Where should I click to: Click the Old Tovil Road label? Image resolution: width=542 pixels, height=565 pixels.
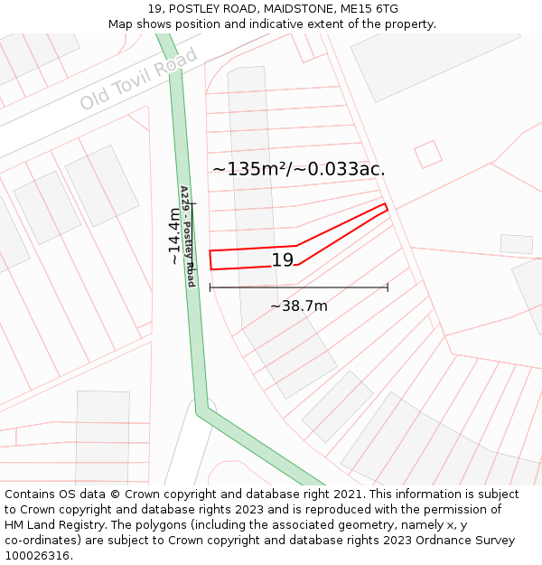click(138, 80)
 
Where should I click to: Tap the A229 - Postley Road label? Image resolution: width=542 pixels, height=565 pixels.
click(187, 236)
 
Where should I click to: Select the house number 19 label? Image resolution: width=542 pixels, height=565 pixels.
click(283, 260)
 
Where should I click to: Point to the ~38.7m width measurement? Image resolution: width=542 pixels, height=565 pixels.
click(299, 306)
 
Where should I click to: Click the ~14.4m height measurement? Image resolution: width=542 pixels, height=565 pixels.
click(173, 236)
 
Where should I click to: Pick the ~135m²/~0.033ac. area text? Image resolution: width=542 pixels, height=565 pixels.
click(299, 169)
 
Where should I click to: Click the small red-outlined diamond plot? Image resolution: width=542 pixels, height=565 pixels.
click(428, 154)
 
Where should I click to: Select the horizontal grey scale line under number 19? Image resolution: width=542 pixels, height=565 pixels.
click(299, 287)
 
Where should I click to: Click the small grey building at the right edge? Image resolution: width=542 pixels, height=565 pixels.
click(516, 244)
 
